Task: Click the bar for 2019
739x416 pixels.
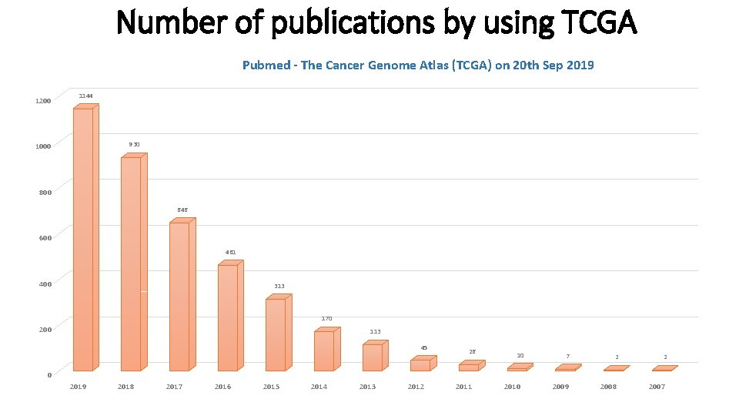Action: tap(83, 239)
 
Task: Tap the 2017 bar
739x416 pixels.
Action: tap(179, 297)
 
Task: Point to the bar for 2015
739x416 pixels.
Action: tap(276, 334)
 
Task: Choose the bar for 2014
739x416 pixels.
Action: tap(324, 351)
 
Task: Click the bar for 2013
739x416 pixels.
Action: tap(373, 357)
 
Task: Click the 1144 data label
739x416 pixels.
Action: tap(86, 96)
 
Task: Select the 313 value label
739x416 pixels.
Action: tap(279, 287)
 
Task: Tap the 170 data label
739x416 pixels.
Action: tap(327, 318)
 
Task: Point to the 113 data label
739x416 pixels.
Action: tap(375, 332)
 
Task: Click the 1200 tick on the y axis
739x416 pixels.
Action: tap(43, 101)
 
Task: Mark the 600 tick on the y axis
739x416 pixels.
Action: tap(45, 238)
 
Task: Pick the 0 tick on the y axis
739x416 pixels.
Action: tap(49, 375)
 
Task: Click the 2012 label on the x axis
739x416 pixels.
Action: tap(416, 387)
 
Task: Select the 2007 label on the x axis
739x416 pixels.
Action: tap(657, 387)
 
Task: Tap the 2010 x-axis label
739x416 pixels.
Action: tap(512, 387)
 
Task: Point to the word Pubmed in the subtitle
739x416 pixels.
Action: tap(264, 65)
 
